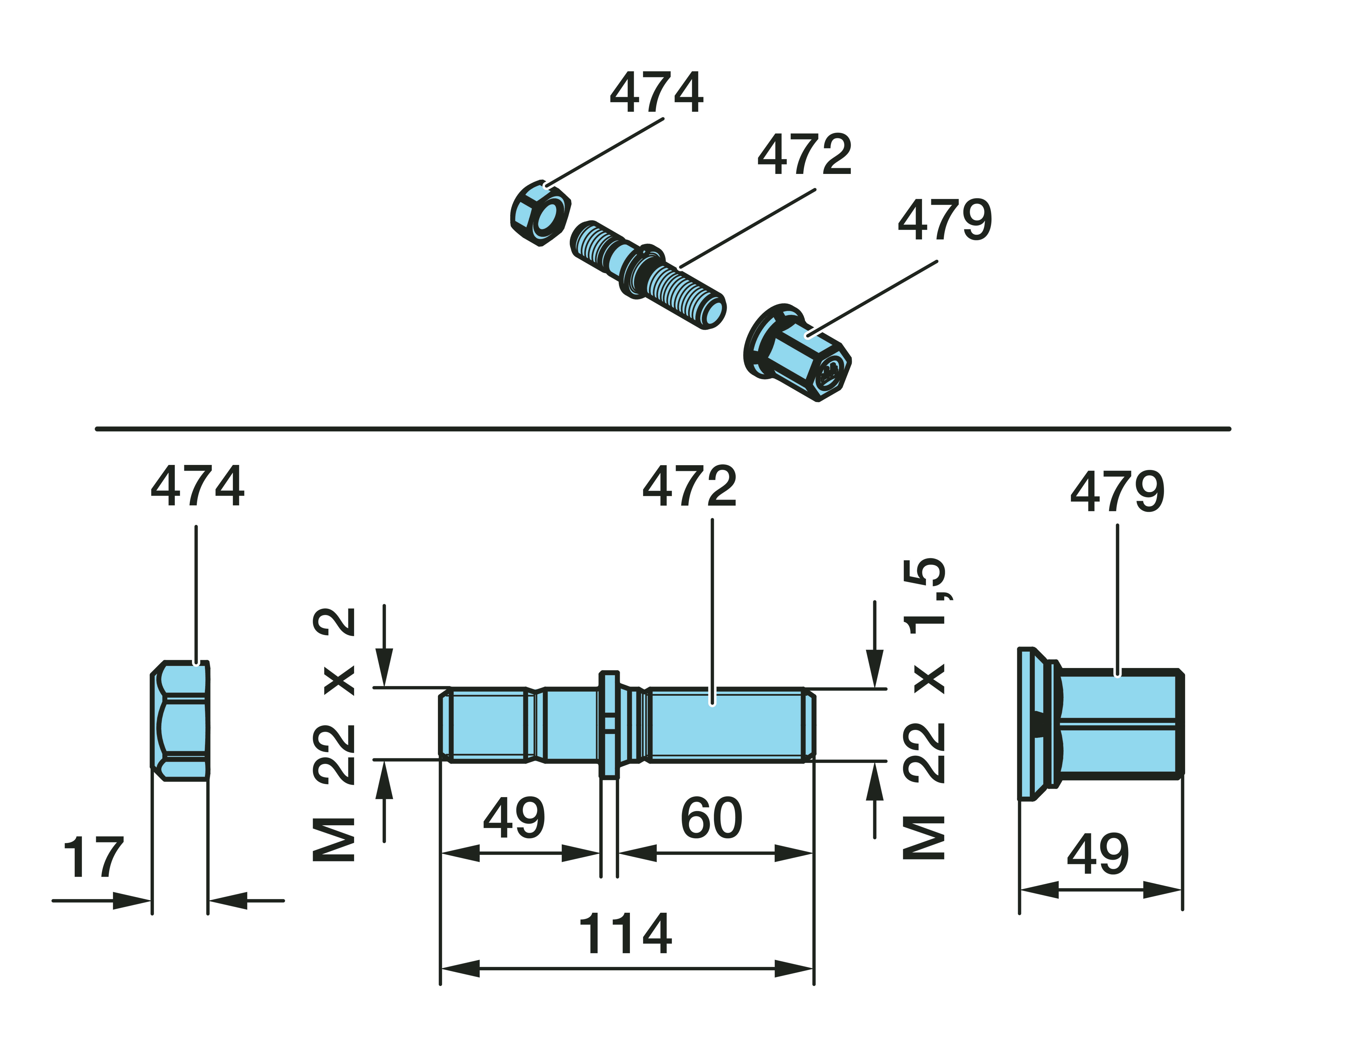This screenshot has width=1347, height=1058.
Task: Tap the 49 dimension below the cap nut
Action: point(1098,855)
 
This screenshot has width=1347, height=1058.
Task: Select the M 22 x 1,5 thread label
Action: point(925,709)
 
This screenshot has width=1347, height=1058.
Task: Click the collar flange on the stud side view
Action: point(609,724)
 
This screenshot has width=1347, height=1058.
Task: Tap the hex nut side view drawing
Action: point(180,720)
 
